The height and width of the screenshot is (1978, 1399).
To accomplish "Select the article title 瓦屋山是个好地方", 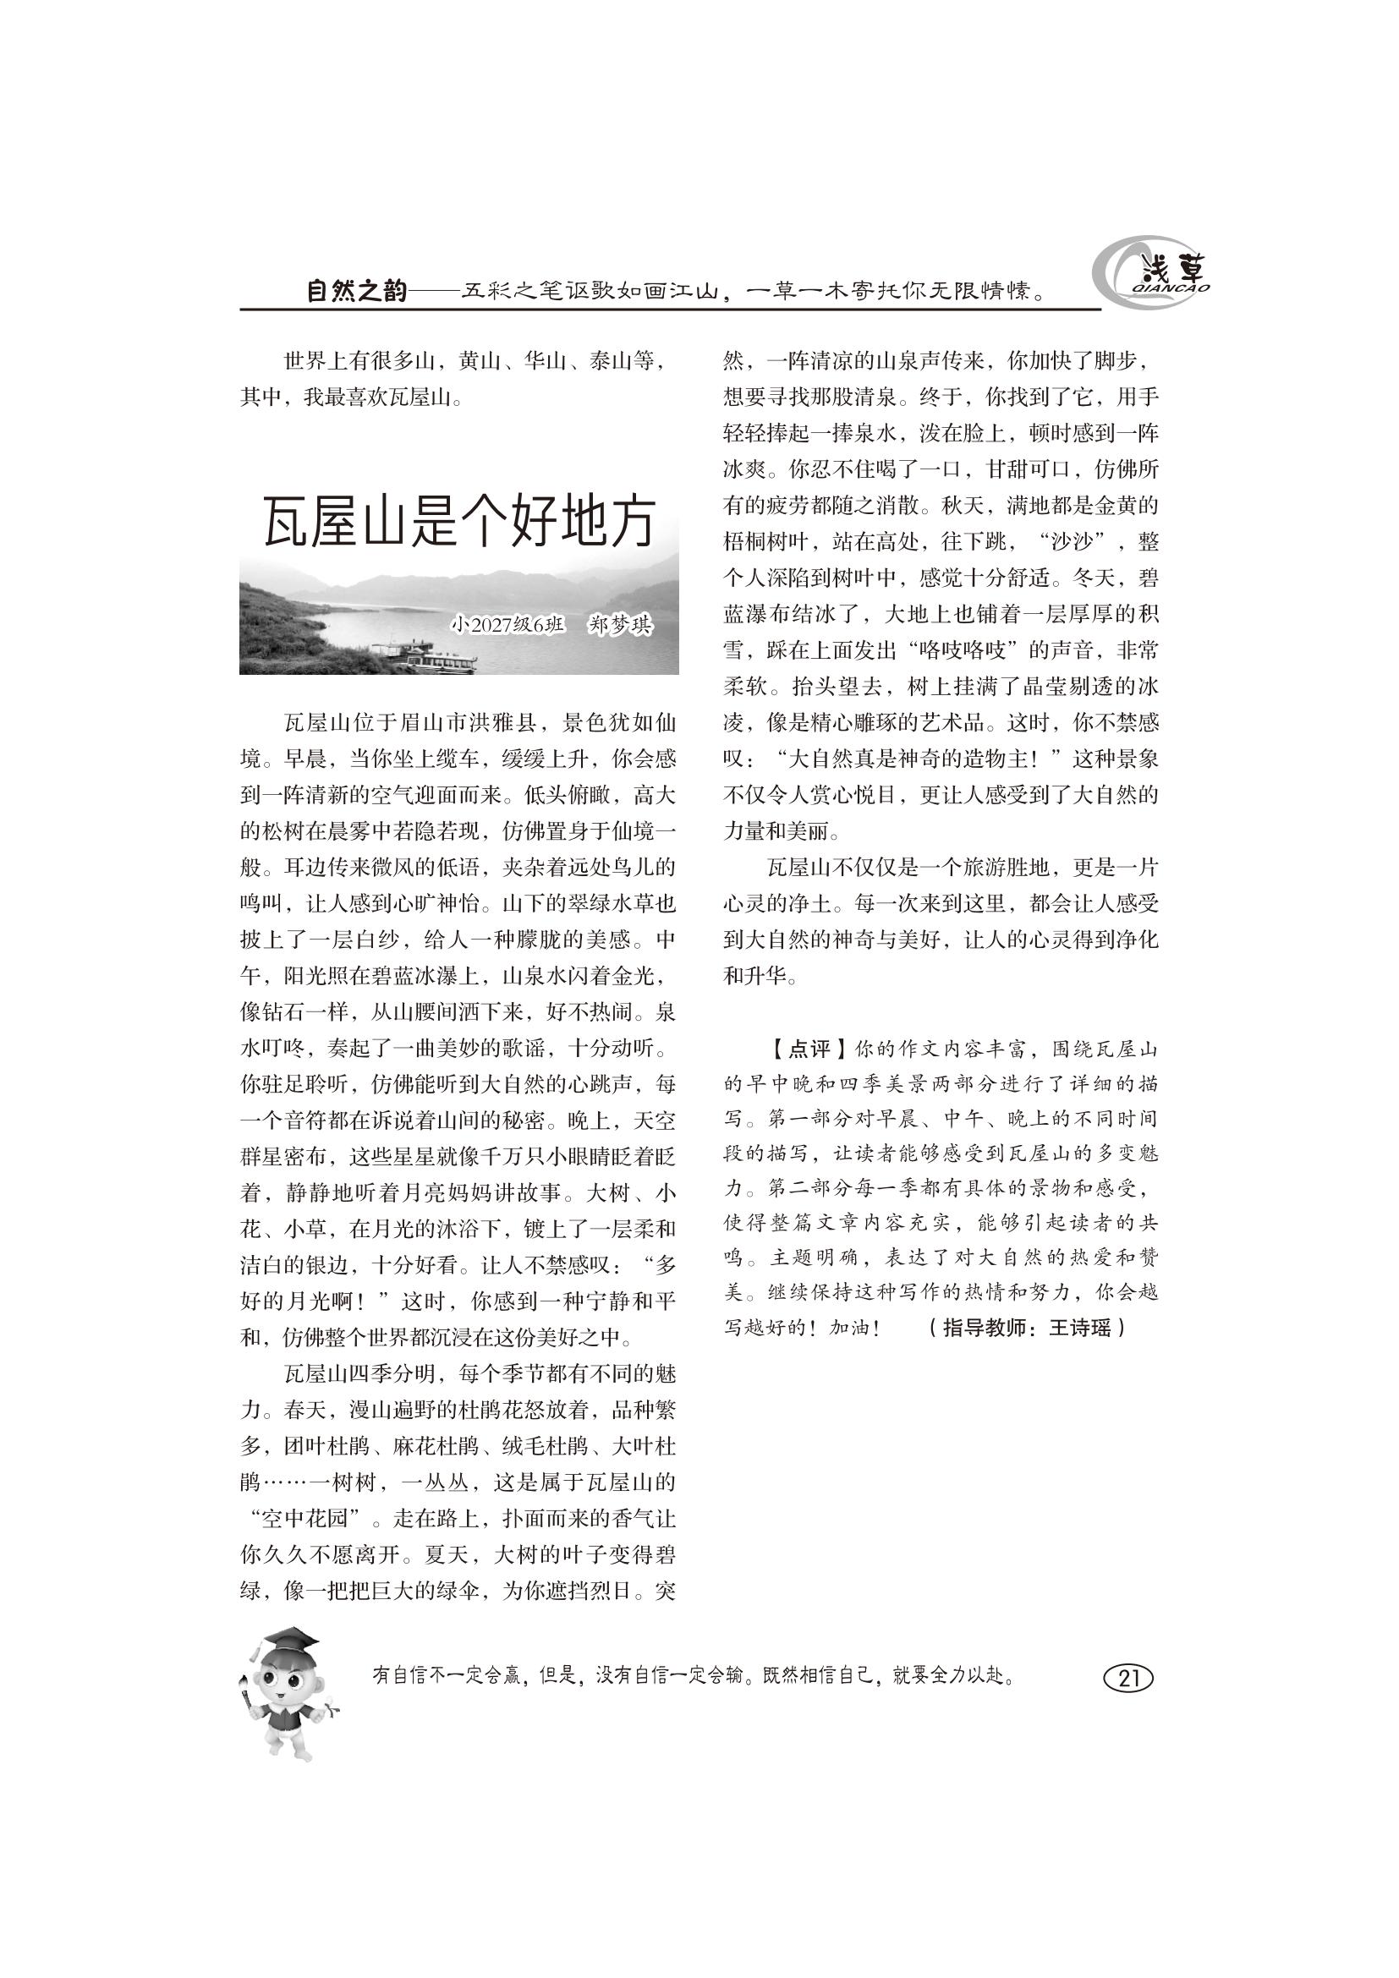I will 459,522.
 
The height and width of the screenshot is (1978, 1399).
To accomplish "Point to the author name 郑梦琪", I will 619,625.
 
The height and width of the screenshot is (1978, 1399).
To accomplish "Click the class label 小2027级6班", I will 509,625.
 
